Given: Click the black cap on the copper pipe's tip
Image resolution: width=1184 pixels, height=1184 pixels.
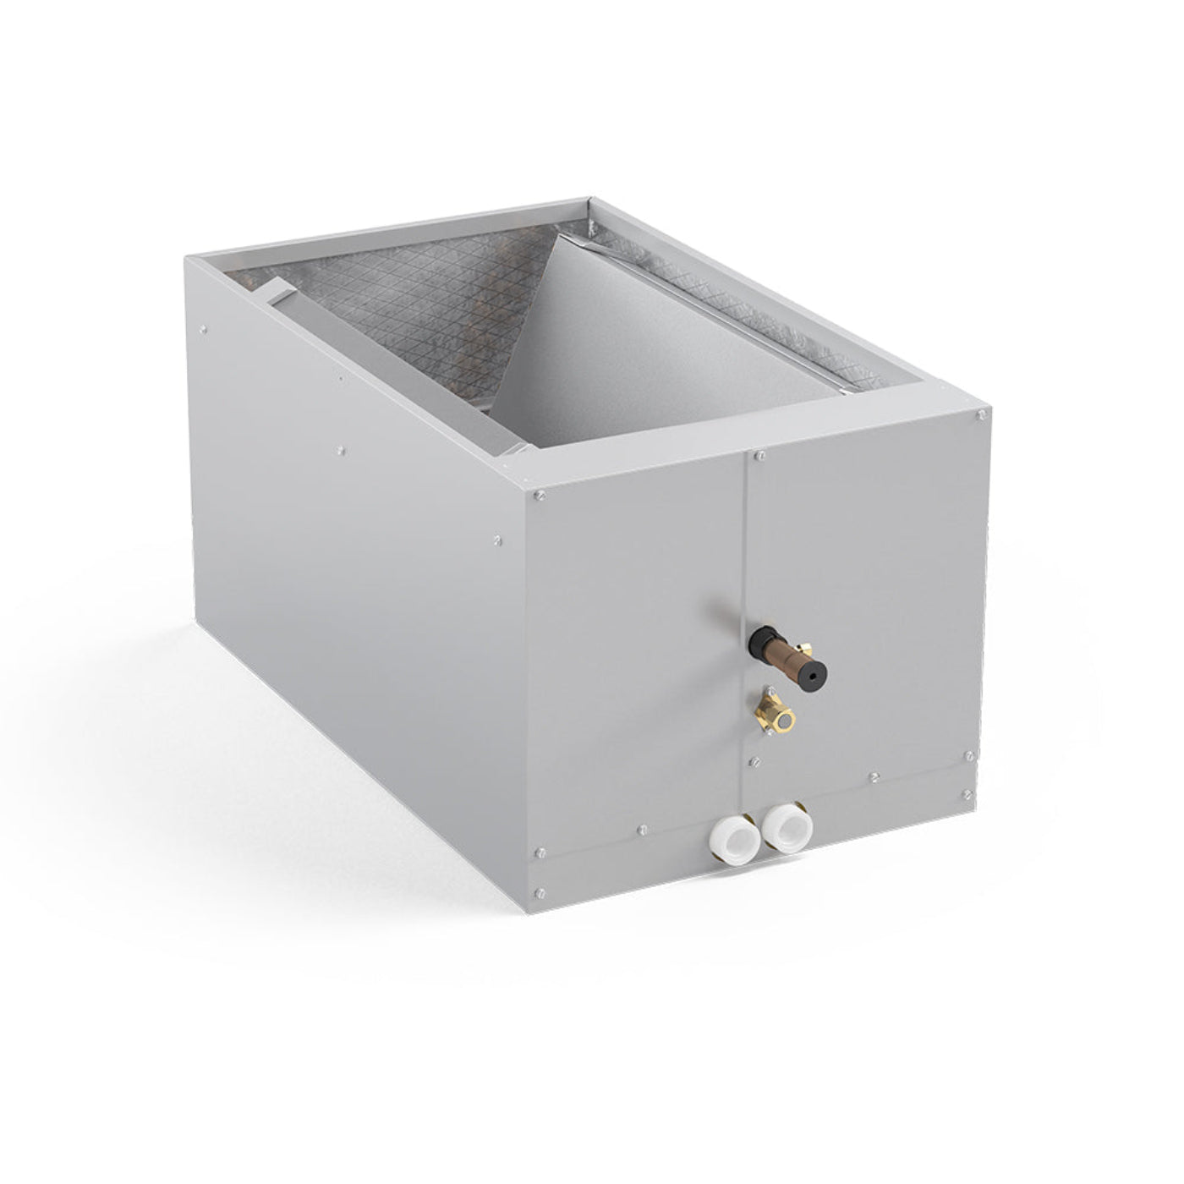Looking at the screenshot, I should pos(814,671).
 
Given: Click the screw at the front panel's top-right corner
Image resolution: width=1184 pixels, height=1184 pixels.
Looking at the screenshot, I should pos(980,415).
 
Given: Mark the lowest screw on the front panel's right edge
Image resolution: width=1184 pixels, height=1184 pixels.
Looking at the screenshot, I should pos(967,795).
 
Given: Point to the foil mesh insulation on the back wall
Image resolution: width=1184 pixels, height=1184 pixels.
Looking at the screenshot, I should pos(423,296).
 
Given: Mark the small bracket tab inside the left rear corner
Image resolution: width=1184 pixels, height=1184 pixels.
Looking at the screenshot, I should pos(275,292).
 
